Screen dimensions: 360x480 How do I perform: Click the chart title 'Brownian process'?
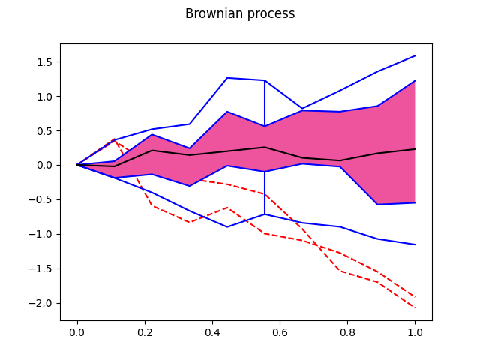click(240, 13)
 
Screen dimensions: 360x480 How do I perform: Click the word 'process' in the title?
click(268, 14)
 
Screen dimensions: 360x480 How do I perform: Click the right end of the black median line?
click(415, 149)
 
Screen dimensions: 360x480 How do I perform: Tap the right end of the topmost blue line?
click(415, 55)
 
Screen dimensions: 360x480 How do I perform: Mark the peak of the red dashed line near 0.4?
click(227, 208)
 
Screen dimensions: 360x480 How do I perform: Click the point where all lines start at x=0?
click(77, 165)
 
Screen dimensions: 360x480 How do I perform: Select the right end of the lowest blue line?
click(415, 244)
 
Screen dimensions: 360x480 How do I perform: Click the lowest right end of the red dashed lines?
click(415, 307)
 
